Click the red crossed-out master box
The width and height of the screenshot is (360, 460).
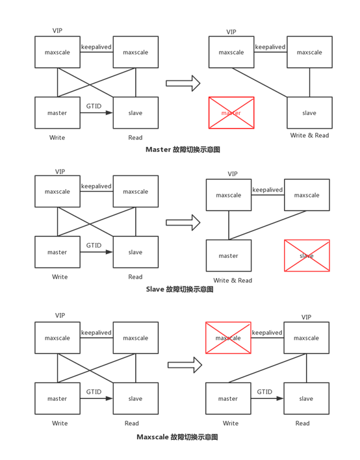(x=231, y=112)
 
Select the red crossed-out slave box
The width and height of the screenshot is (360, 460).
(x=307, y=255)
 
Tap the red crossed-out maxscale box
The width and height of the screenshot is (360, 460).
(x=228, y=338)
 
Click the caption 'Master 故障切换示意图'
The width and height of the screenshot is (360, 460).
(x=183, y=149)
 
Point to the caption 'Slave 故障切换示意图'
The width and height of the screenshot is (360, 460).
(x=180, y=289)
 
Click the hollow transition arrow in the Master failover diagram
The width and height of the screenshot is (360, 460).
(x=183, y=83)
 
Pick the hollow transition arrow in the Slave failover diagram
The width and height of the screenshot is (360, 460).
(x=183, y=223)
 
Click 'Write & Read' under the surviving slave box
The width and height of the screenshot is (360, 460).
(x=309, y=135)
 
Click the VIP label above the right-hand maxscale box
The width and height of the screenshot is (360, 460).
(x=306, y=317)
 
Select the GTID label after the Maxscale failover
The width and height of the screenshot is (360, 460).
(x=264, y=392)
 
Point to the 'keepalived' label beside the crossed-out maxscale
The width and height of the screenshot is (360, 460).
(x=267, y=333)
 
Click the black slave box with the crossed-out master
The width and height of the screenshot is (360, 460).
(x=309, y=112)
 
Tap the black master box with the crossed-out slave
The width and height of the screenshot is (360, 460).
(x=228, y=255)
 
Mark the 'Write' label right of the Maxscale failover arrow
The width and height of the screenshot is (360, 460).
(x=231, y=423)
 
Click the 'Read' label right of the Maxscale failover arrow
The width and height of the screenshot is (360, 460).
(x=302, y=423)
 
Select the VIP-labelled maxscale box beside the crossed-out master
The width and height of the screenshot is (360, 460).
(x=231, y=52)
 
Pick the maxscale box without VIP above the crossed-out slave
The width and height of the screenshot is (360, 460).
(x=307, y=195)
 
